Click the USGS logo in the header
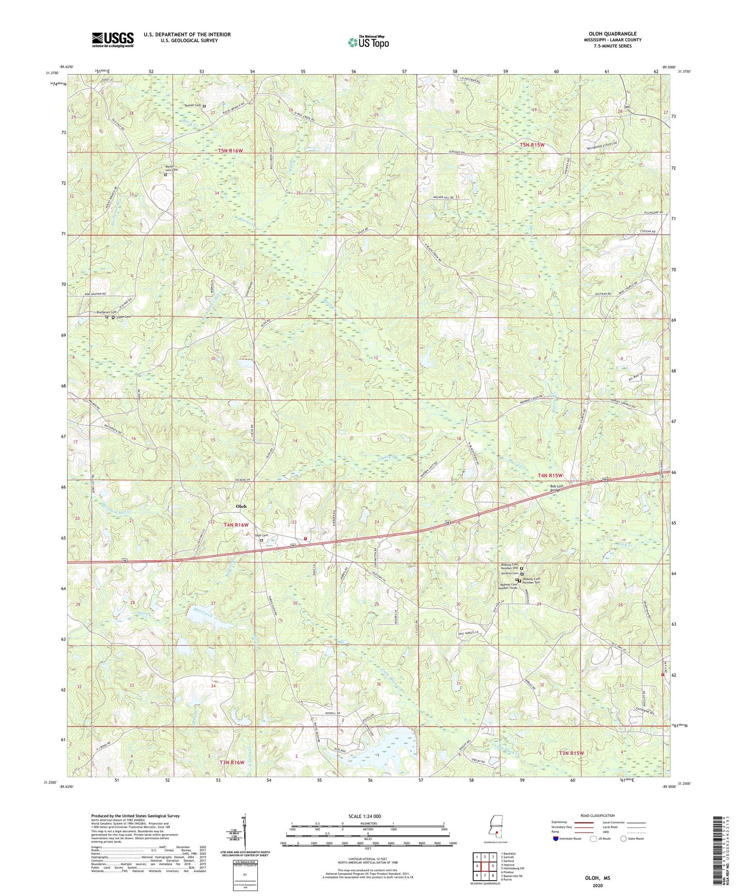click(113, 40)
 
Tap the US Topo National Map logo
click(369, 42)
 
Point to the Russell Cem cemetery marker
click(205, 106)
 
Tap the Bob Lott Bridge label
click(560, 488)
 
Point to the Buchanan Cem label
click(106, 312)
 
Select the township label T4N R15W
click(550, 475)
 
